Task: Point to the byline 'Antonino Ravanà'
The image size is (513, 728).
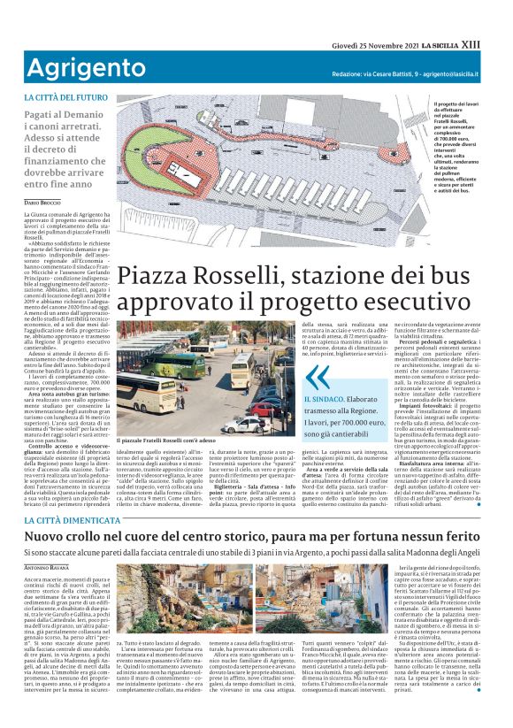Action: (45, 542)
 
